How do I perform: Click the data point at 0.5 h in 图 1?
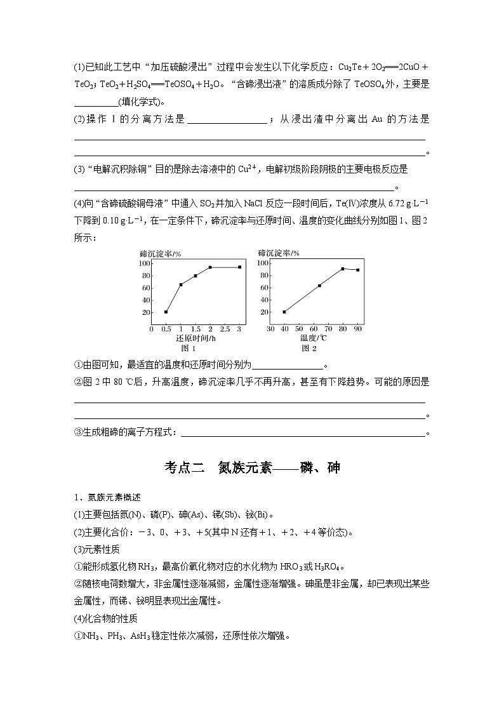pos(166,312)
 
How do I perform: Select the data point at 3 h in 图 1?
pos(239,267)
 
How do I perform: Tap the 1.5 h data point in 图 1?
pos(196,276)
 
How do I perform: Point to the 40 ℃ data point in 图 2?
pos(284,312)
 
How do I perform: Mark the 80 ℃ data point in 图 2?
pos(343,269)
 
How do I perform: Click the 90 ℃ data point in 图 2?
pos(357,270)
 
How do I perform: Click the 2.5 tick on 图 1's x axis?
pos(225,330)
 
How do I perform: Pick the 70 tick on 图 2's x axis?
pos(328,330)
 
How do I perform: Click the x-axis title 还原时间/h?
pos(196,338)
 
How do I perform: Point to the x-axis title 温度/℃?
pos(314,338)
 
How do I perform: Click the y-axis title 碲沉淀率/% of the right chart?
pos(279,253)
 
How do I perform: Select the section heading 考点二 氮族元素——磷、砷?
pos(252,468)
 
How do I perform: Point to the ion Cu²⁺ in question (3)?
pos(247,169)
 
